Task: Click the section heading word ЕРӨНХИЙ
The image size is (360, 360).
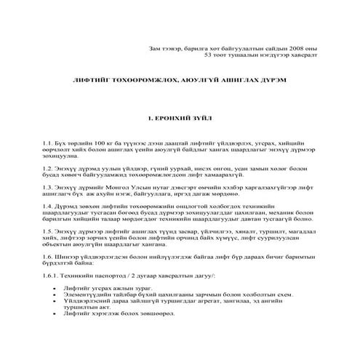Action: click(175, 116)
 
